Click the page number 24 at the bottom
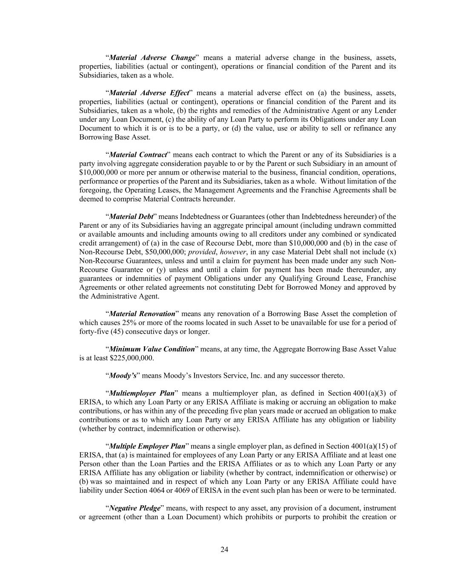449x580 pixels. coord(224,549)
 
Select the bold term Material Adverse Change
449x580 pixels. coord(152,57)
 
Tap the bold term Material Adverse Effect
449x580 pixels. coord(149,93)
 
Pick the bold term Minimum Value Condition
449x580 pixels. coord(152,349)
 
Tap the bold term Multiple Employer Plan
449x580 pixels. coord(147,446)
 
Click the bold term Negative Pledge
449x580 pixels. coord(135,508)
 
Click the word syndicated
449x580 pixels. coord(381,234)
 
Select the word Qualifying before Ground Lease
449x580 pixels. coord(297,278)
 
